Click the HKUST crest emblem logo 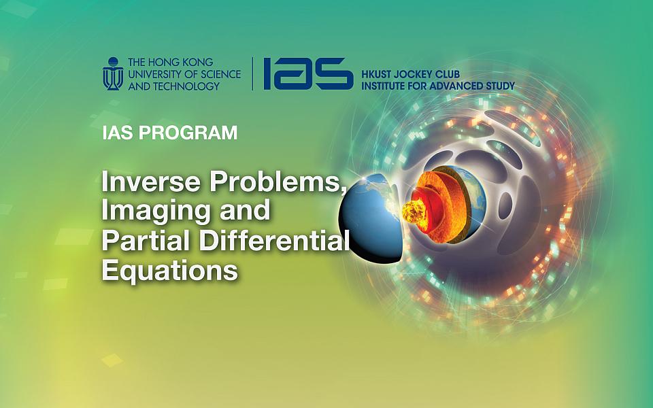point(112,73)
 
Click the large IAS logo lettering point(308,73)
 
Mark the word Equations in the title point(169,270)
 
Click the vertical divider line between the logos point(252,73)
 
